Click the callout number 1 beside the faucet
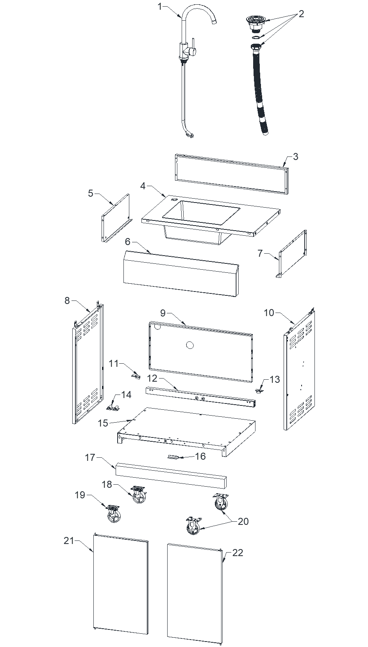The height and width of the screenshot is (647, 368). point(159,6)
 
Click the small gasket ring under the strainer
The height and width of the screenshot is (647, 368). point(255,37)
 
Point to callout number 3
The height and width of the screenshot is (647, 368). point(295,156)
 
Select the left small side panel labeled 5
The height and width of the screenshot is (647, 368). point(116,219)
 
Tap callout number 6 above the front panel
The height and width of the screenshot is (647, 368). point(128,242)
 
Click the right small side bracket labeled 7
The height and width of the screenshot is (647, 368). point(293,254)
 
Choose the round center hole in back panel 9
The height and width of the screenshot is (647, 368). point(190,345)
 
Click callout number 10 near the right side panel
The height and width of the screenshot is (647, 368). point(269,313)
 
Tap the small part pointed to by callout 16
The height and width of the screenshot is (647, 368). point(173,457)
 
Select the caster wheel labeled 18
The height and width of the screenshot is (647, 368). point(139,495)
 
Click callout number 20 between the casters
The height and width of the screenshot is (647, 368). point(243,521)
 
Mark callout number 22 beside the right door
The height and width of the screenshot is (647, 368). point(238,553)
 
